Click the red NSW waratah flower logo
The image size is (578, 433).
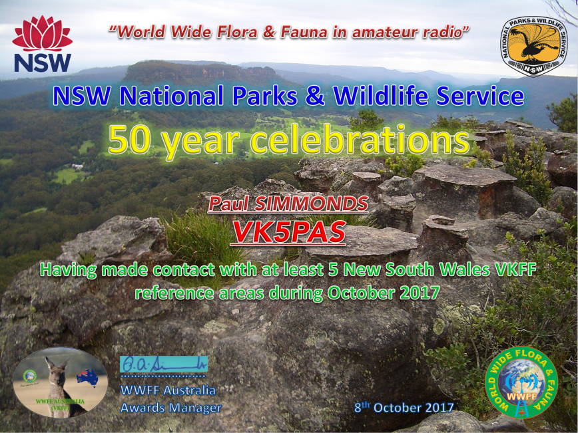click(42, 35)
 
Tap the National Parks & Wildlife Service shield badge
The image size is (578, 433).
click(531, 46)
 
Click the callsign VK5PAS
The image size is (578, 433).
click(289, 231)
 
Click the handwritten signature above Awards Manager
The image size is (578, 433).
click(163, 364)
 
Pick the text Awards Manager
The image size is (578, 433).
click(170, 407)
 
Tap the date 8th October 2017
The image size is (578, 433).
click(404, 407)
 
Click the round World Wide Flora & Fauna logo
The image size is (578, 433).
click(521, 382)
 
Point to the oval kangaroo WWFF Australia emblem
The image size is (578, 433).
click(60, 382)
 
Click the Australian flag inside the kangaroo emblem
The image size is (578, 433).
click(87, 377)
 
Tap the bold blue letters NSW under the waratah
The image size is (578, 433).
click(42, 62)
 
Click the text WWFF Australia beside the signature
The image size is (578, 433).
click(168, 390)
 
